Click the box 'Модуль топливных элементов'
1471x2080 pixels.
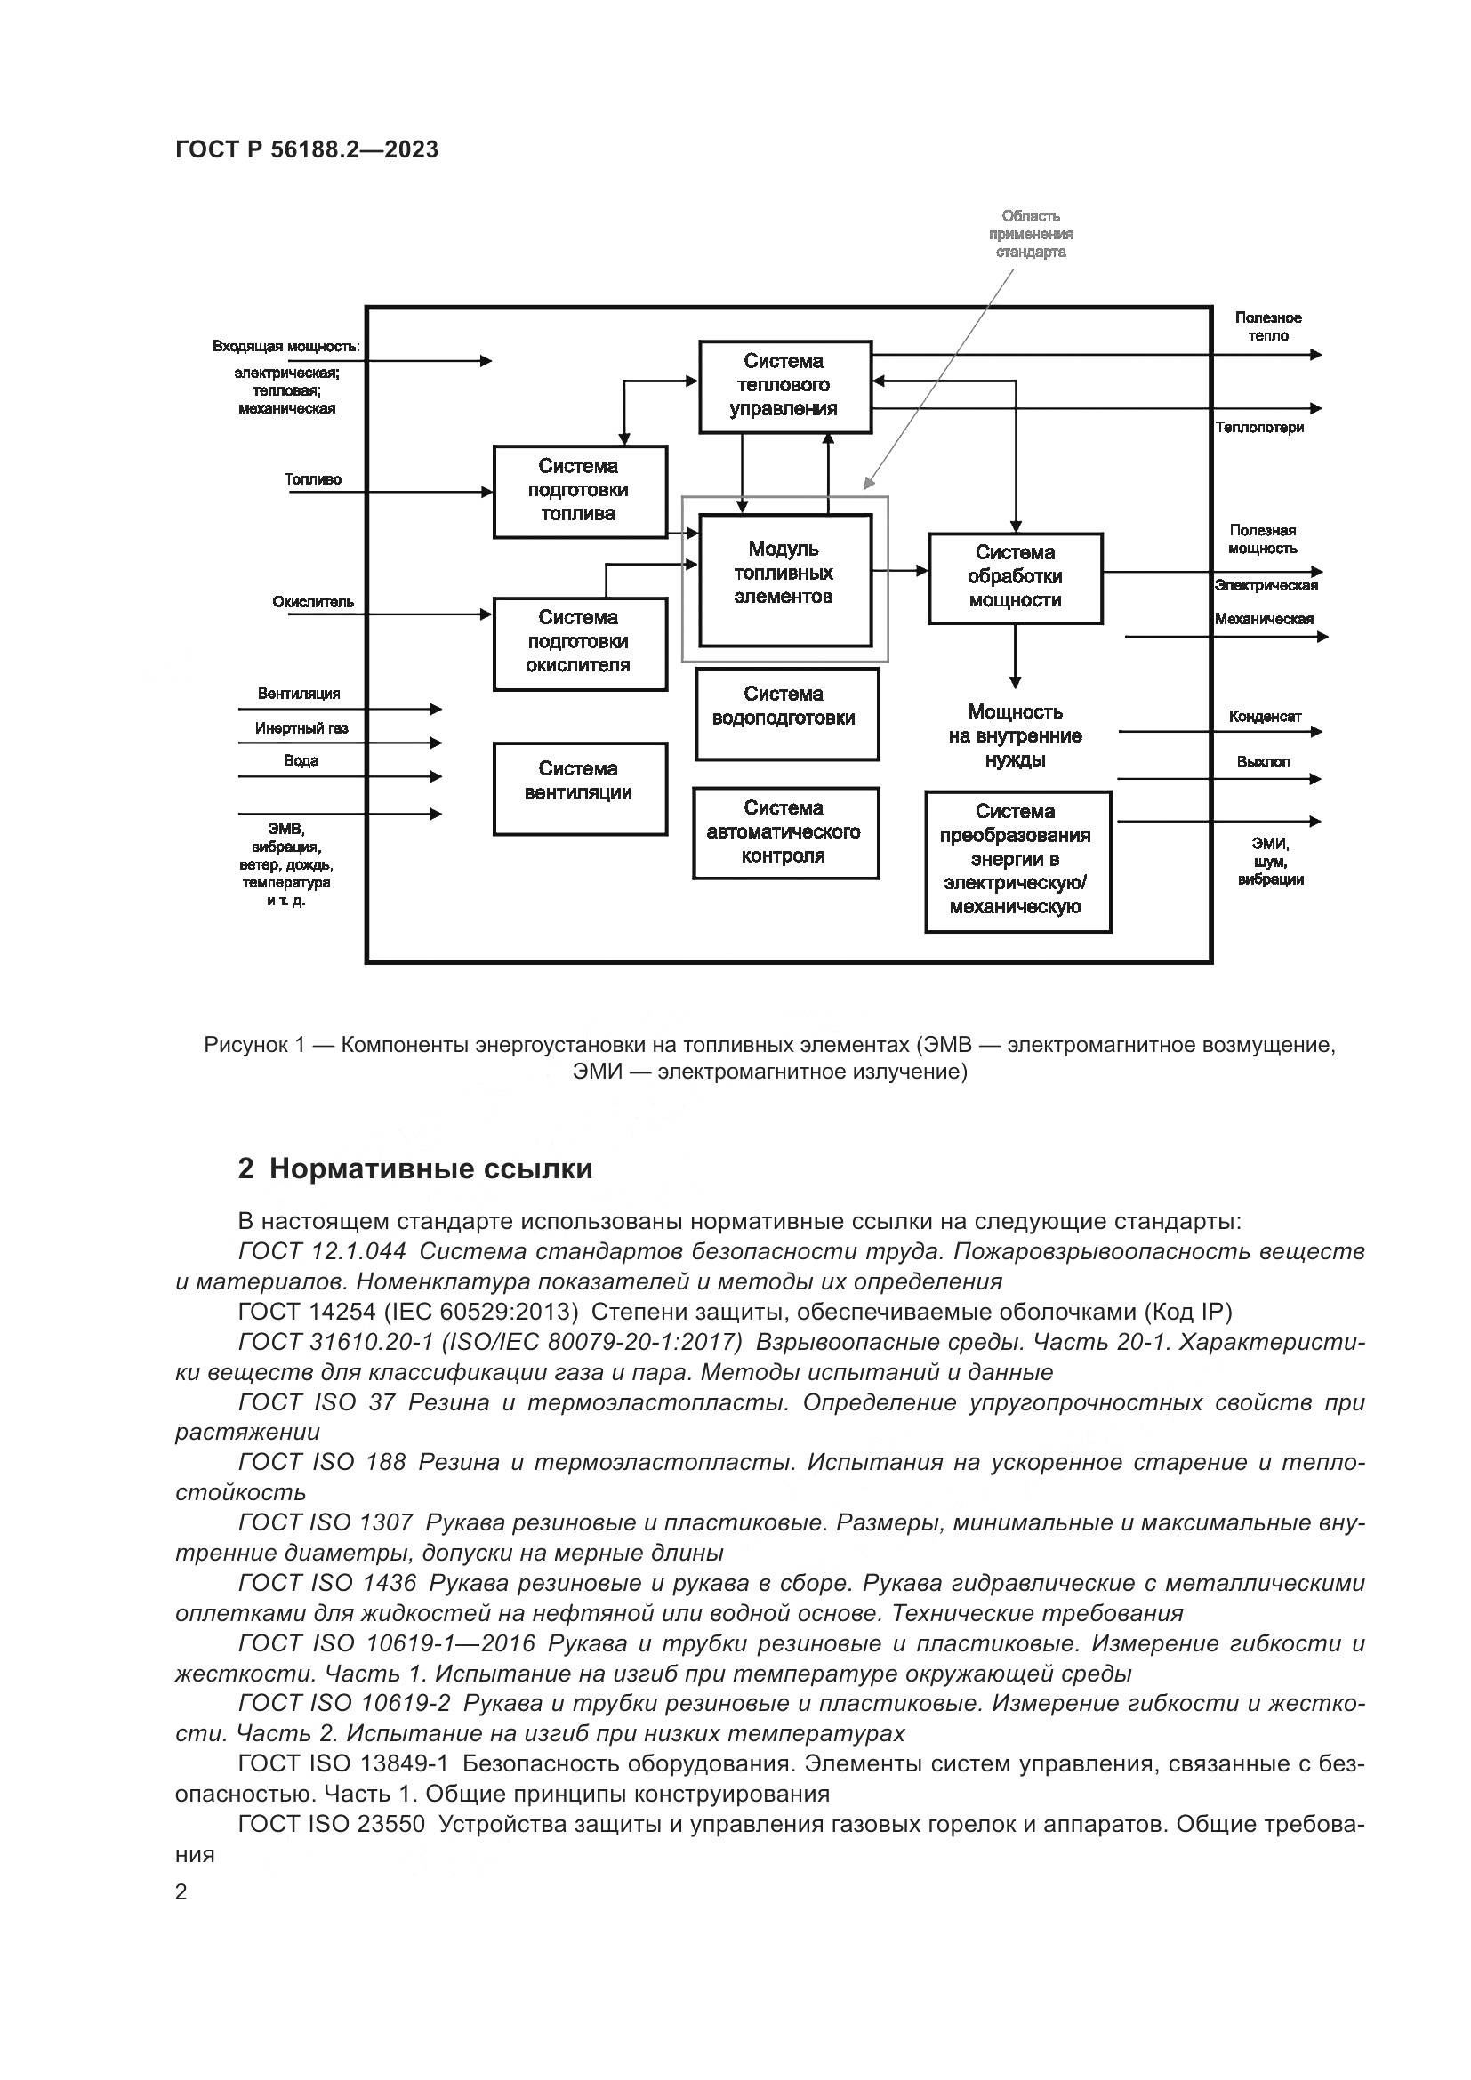pos(784,580)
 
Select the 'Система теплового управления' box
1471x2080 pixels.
pos(784,386)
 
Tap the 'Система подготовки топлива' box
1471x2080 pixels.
pos(580,491)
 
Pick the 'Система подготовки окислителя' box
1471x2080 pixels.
pos(580,642)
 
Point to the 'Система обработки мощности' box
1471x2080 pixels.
pos(1015,577)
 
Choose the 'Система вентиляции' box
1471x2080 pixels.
pos(580,787)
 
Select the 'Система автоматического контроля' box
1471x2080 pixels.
pos(785,831)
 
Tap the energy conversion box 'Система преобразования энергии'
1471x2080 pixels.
pos(1017,861)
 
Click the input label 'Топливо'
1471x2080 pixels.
pos(312,479)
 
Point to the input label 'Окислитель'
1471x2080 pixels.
pos(312,602)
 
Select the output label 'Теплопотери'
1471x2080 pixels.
pos(1259,428)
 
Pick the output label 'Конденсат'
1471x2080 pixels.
pos(1265,717)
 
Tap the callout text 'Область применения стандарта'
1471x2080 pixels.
pos(1031,234)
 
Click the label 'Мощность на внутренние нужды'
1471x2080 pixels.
pos(1015,736)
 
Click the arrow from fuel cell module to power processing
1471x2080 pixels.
pos(900,571)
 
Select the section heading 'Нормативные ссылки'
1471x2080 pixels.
pos(430,1168)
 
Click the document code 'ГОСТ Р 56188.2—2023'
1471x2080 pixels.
pos(307,150)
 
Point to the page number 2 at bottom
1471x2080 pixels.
pos(181,1892)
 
